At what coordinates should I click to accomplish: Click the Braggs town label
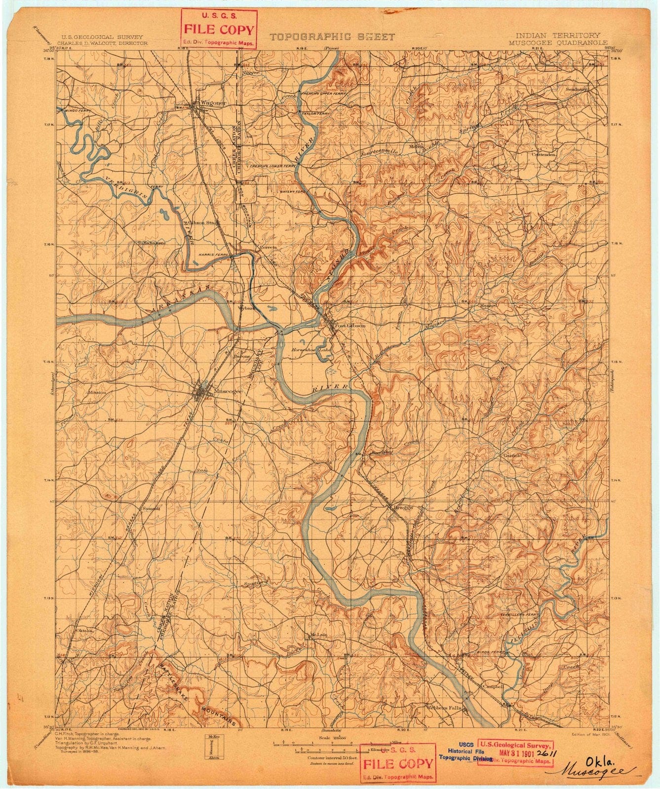(402, 507)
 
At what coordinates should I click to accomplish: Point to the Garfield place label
(512, 456)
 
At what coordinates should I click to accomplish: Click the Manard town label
(489, 306)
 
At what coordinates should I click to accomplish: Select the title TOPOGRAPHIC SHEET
(332, 37)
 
